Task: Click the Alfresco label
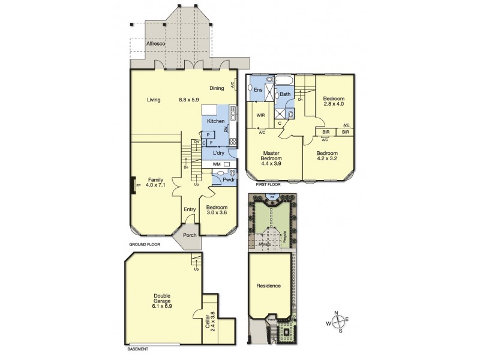coord(156,44)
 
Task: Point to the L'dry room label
coord(219,152)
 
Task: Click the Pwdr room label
coord(229,179)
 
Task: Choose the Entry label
coord(190,209)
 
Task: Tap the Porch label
coord(190,235)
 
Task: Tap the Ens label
coord(258,90)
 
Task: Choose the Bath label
coord(285,94)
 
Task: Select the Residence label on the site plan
coord(269,286)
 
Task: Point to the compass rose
coord(337,322)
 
